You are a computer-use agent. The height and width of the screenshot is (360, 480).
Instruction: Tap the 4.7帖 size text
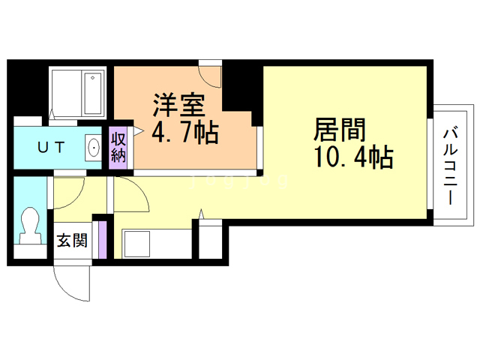[x=184, y=134]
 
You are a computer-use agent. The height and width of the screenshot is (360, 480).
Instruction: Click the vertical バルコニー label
[x=450, y=165]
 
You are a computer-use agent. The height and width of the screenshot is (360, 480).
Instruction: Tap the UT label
[x=52, y=147]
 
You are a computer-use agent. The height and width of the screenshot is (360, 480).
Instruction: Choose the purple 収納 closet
[x=118, y=147]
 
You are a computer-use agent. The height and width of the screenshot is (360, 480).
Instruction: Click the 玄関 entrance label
[x=72, y=241]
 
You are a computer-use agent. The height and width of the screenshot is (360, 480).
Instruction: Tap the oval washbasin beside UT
[x=93, y=147]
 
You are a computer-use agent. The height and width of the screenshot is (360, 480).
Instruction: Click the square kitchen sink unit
[x=139, y=243]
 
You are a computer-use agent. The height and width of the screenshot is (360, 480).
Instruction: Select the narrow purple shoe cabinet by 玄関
[x=104, y=239]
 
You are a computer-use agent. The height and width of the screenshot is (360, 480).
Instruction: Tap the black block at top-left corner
[x=28, y=88]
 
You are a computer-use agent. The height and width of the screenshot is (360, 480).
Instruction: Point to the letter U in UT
[x=42, y=147]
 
